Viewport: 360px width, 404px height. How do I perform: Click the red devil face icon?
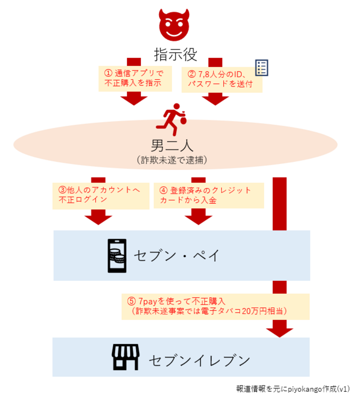174,25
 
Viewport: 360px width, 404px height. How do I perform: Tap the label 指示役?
175,55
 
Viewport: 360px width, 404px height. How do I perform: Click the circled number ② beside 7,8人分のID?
192,74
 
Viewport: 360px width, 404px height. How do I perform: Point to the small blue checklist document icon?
261,67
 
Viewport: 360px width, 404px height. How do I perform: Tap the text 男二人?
172,145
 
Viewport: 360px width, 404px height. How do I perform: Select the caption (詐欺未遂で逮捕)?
172,160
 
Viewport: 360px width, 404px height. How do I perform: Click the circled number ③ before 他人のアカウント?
62,190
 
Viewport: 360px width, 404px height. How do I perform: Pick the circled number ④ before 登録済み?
163,190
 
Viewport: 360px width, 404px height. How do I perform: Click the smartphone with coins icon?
117,256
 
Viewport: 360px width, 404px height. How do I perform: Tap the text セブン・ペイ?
177,256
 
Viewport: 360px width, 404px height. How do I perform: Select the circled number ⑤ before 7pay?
131,301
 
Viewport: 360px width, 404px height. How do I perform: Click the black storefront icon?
125,357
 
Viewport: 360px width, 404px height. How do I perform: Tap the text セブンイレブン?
199,361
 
